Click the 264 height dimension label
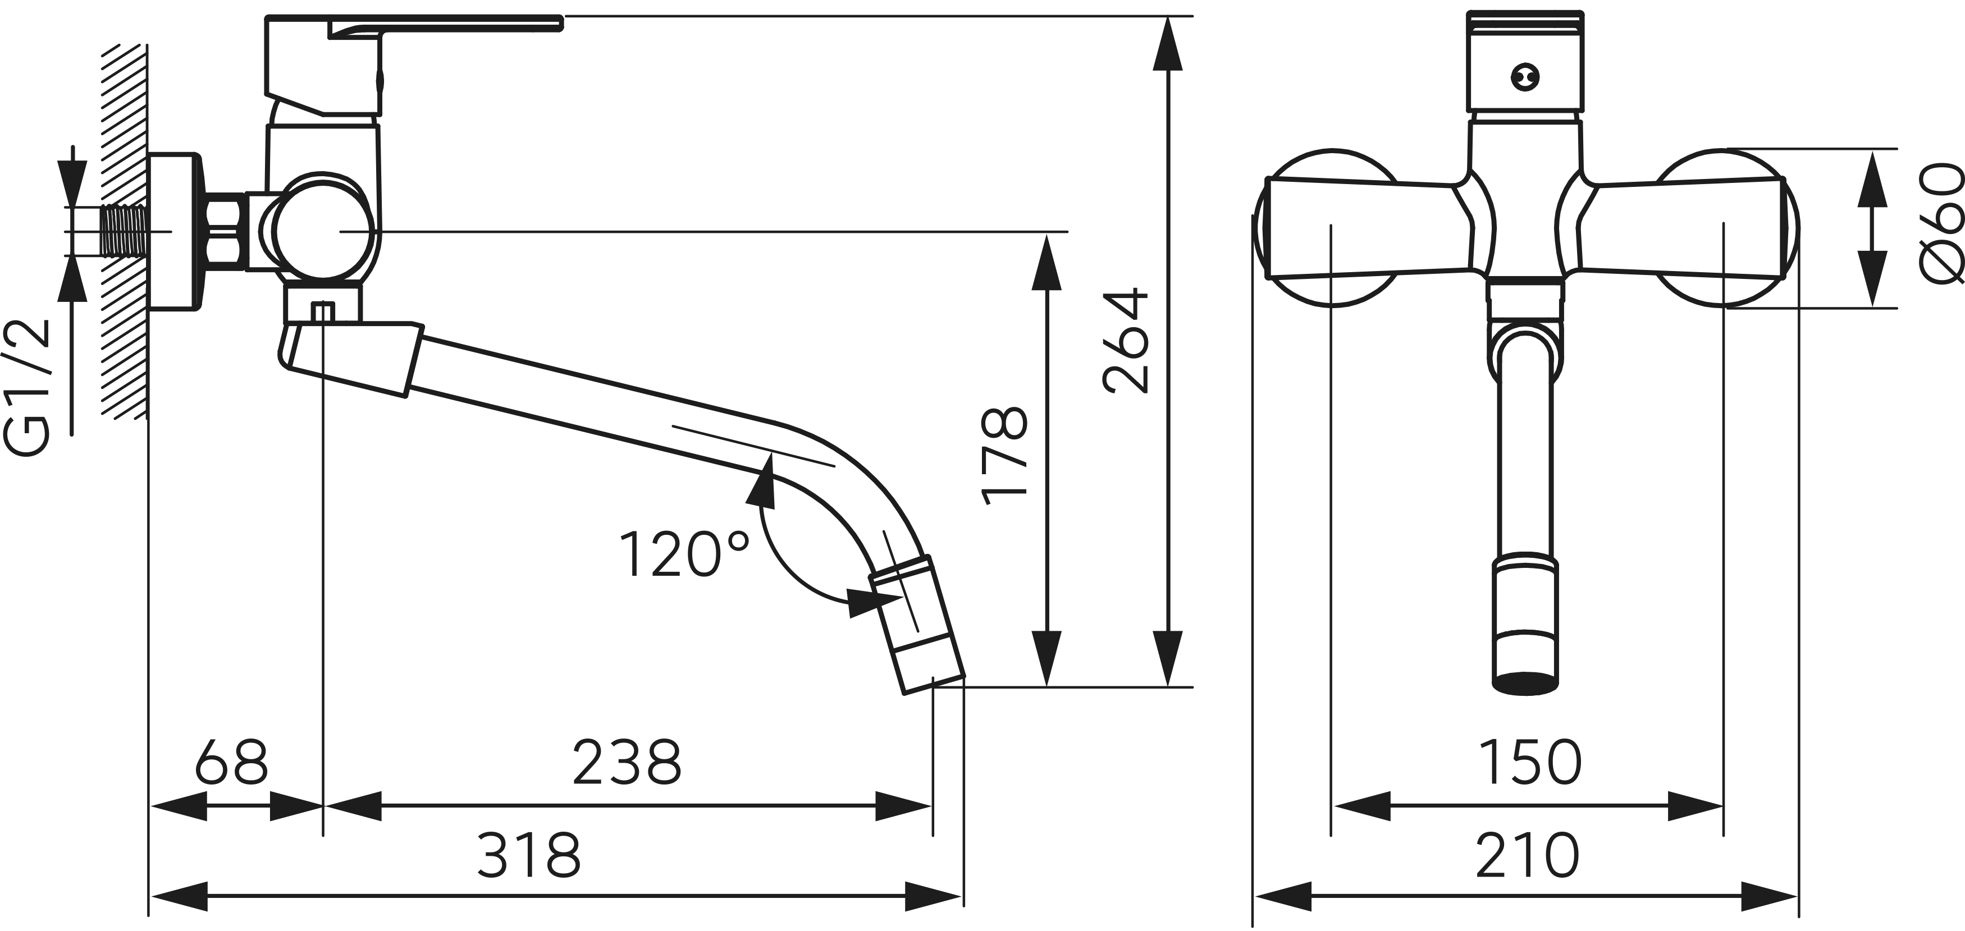[x=1127, y=341]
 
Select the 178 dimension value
[x=1004, y=457]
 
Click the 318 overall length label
[x=529, y=855]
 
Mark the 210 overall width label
[x=1527, y=855]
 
